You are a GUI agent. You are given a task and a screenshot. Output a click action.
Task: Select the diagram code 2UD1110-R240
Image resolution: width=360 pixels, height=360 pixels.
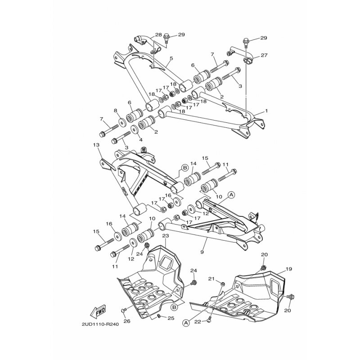100,324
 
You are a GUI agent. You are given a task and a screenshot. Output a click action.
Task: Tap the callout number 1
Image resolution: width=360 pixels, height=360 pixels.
266,111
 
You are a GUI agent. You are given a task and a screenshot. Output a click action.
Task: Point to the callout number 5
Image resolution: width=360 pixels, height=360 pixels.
171,58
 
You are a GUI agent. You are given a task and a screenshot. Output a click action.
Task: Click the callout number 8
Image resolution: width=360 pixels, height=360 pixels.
115,110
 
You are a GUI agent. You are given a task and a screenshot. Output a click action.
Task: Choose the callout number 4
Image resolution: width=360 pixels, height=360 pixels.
140,139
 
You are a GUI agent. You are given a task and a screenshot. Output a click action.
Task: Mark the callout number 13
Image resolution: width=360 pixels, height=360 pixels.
96,145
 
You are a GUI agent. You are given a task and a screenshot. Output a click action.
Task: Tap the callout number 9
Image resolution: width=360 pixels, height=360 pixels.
202,252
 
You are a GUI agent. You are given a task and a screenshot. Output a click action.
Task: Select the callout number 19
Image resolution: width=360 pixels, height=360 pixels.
288,269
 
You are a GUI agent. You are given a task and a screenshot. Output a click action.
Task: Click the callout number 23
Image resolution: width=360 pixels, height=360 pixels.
166,236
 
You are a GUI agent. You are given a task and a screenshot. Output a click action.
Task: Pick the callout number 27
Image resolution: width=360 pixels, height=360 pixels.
264,55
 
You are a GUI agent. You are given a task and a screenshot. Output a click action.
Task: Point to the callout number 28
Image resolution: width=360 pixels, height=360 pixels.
158,35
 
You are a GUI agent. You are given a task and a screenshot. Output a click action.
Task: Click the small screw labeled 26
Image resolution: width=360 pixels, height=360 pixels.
122,310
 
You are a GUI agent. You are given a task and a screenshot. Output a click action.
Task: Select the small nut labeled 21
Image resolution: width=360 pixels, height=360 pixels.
222,284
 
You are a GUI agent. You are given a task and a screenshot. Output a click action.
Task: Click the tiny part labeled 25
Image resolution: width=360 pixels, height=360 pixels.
159,317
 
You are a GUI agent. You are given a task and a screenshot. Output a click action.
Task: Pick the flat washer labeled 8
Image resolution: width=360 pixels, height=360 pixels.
122,122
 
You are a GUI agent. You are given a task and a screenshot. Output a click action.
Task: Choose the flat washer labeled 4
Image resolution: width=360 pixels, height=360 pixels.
135,129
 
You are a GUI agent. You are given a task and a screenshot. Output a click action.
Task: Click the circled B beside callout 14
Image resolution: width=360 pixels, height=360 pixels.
185,168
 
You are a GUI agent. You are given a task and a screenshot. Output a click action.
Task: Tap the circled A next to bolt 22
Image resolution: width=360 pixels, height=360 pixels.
186,323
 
